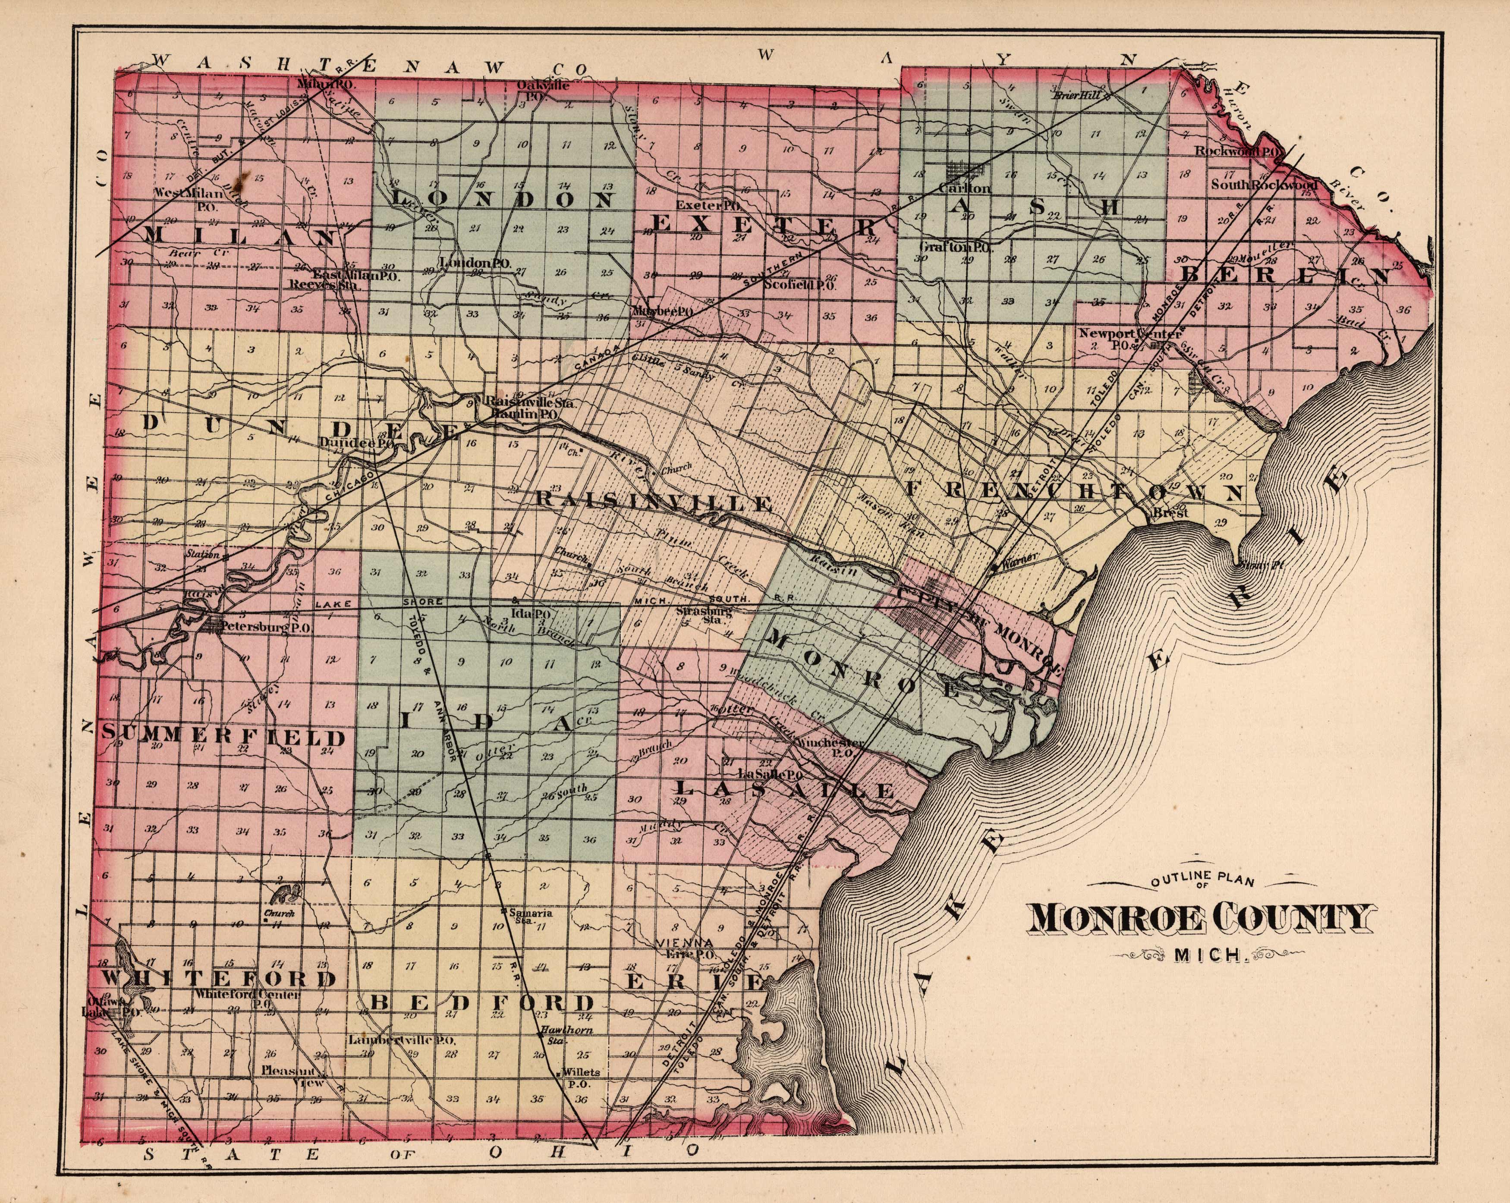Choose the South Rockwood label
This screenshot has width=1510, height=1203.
point(1264,185)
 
